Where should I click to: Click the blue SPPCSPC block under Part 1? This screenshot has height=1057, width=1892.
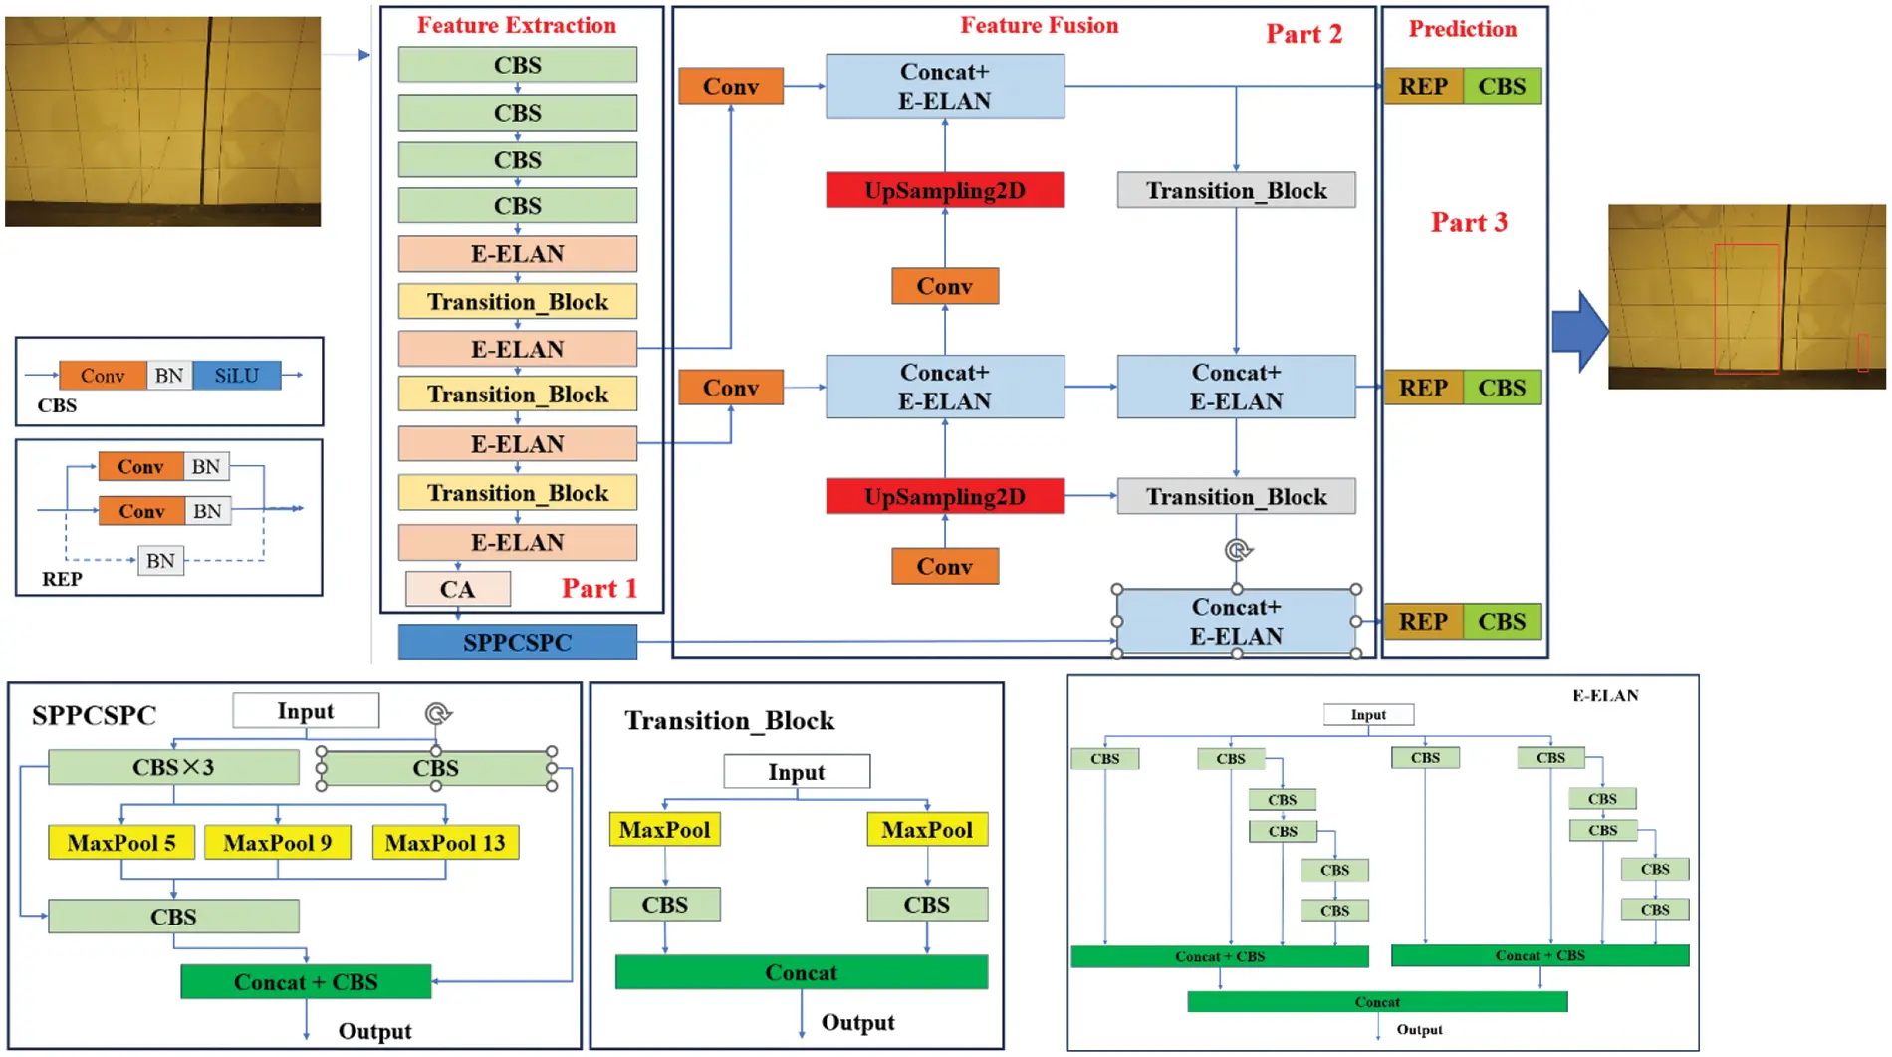(x=517, y=642)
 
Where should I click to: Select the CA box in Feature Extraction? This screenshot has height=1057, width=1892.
(x=457, y=589)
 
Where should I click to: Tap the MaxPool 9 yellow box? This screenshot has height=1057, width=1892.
(x=277, y=843)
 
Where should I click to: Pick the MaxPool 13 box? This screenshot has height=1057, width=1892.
(x=445, y=843)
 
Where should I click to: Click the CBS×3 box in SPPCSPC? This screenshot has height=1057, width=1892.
(x=173, y=767)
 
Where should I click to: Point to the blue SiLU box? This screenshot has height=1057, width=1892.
(x=237, y=376)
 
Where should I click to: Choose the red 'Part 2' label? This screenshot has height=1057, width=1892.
(x=1303, y=34)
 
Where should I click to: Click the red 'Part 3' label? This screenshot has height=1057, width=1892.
(x=1469, y=222)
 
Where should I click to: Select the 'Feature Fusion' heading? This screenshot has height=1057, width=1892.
(x=1039, y=26)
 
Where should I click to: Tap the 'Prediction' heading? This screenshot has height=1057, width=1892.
(x=1462, y=29)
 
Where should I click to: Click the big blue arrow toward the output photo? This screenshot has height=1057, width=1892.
(x=1579, y=331)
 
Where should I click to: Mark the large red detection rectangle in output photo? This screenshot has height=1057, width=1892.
(x=1747, y=309)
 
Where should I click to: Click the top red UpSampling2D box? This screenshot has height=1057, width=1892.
(x=945, y=190)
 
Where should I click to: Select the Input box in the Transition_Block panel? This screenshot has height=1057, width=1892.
(x=797, y=772)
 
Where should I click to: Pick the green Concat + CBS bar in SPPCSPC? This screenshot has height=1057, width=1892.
(x=306, y=982)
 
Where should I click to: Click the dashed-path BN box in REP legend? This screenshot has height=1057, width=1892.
(x=160, y=561)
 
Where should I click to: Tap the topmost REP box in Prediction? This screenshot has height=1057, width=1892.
(x=1423, y=87)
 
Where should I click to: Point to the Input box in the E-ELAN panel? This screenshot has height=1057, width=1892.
(x=1368, y=715)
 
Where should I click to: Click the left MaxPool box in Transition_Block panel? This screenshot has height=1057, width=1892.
(x=664, y=830)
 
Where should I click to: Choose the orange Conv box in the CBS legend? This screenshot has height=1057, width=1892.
(x=103, y=376)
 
